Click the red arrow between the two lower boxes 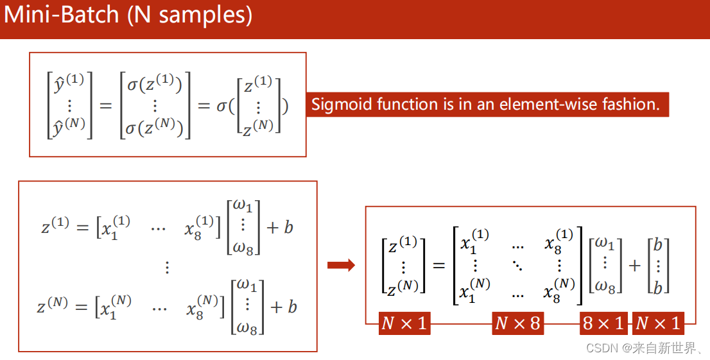click(x=341, y=265)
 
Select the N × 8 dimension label click(x=517, y=323)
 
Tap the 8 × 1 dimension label click(x=603, y=323)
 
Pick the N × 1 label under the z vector click(x=404, y=323)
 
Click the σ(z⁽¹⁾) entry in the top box click(x=155, y=84)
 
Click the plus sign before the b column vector click(x=635, y=265)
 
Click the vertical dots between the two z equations click(x=167, y=267)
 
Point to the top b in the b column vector click(x=657, y=245)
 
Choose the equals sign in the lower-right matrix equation click(x=439, y=265)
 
